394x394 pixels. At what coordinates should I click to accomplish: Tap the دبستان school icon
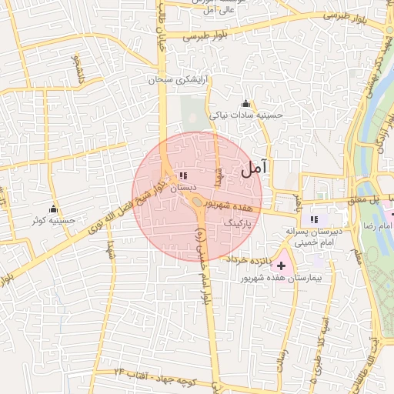(x=182, y=176)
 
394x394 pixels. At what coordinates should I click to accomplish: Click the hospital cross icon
(x=281, y=265)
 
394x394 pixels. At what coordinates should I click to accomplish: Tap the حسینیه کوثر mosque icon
(x=53, y=209)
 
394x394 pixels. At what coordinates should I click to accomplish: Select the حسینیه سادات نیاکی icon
(x=245, y=104)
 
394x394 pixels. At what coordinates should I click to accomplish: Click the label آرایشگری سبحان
(x=182, y=79)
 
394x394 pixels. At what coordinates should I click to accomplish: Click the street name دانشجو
(x=77, y=69)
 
